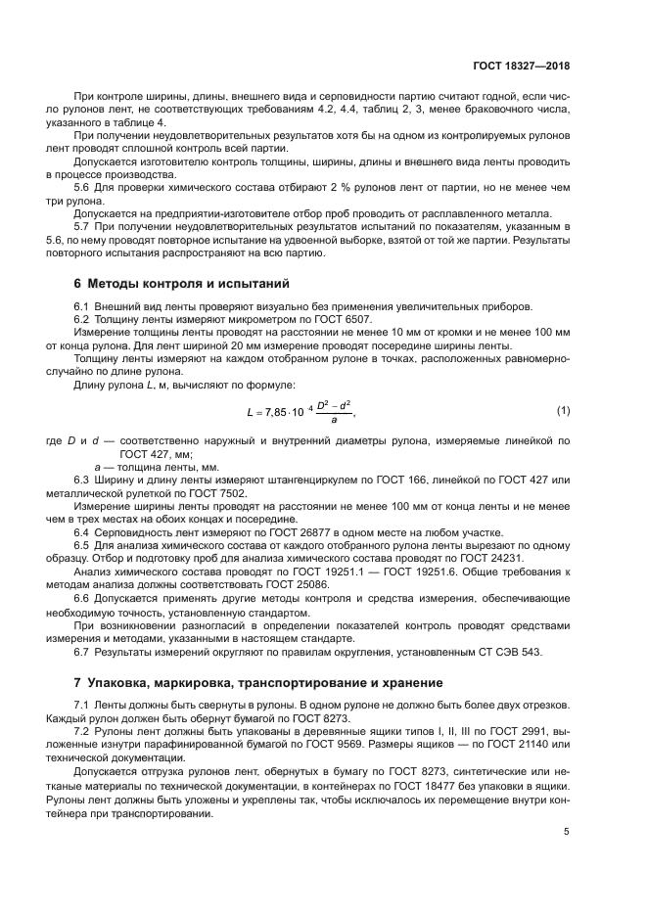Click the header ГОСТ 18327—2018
520,67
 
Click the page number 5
567,832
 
